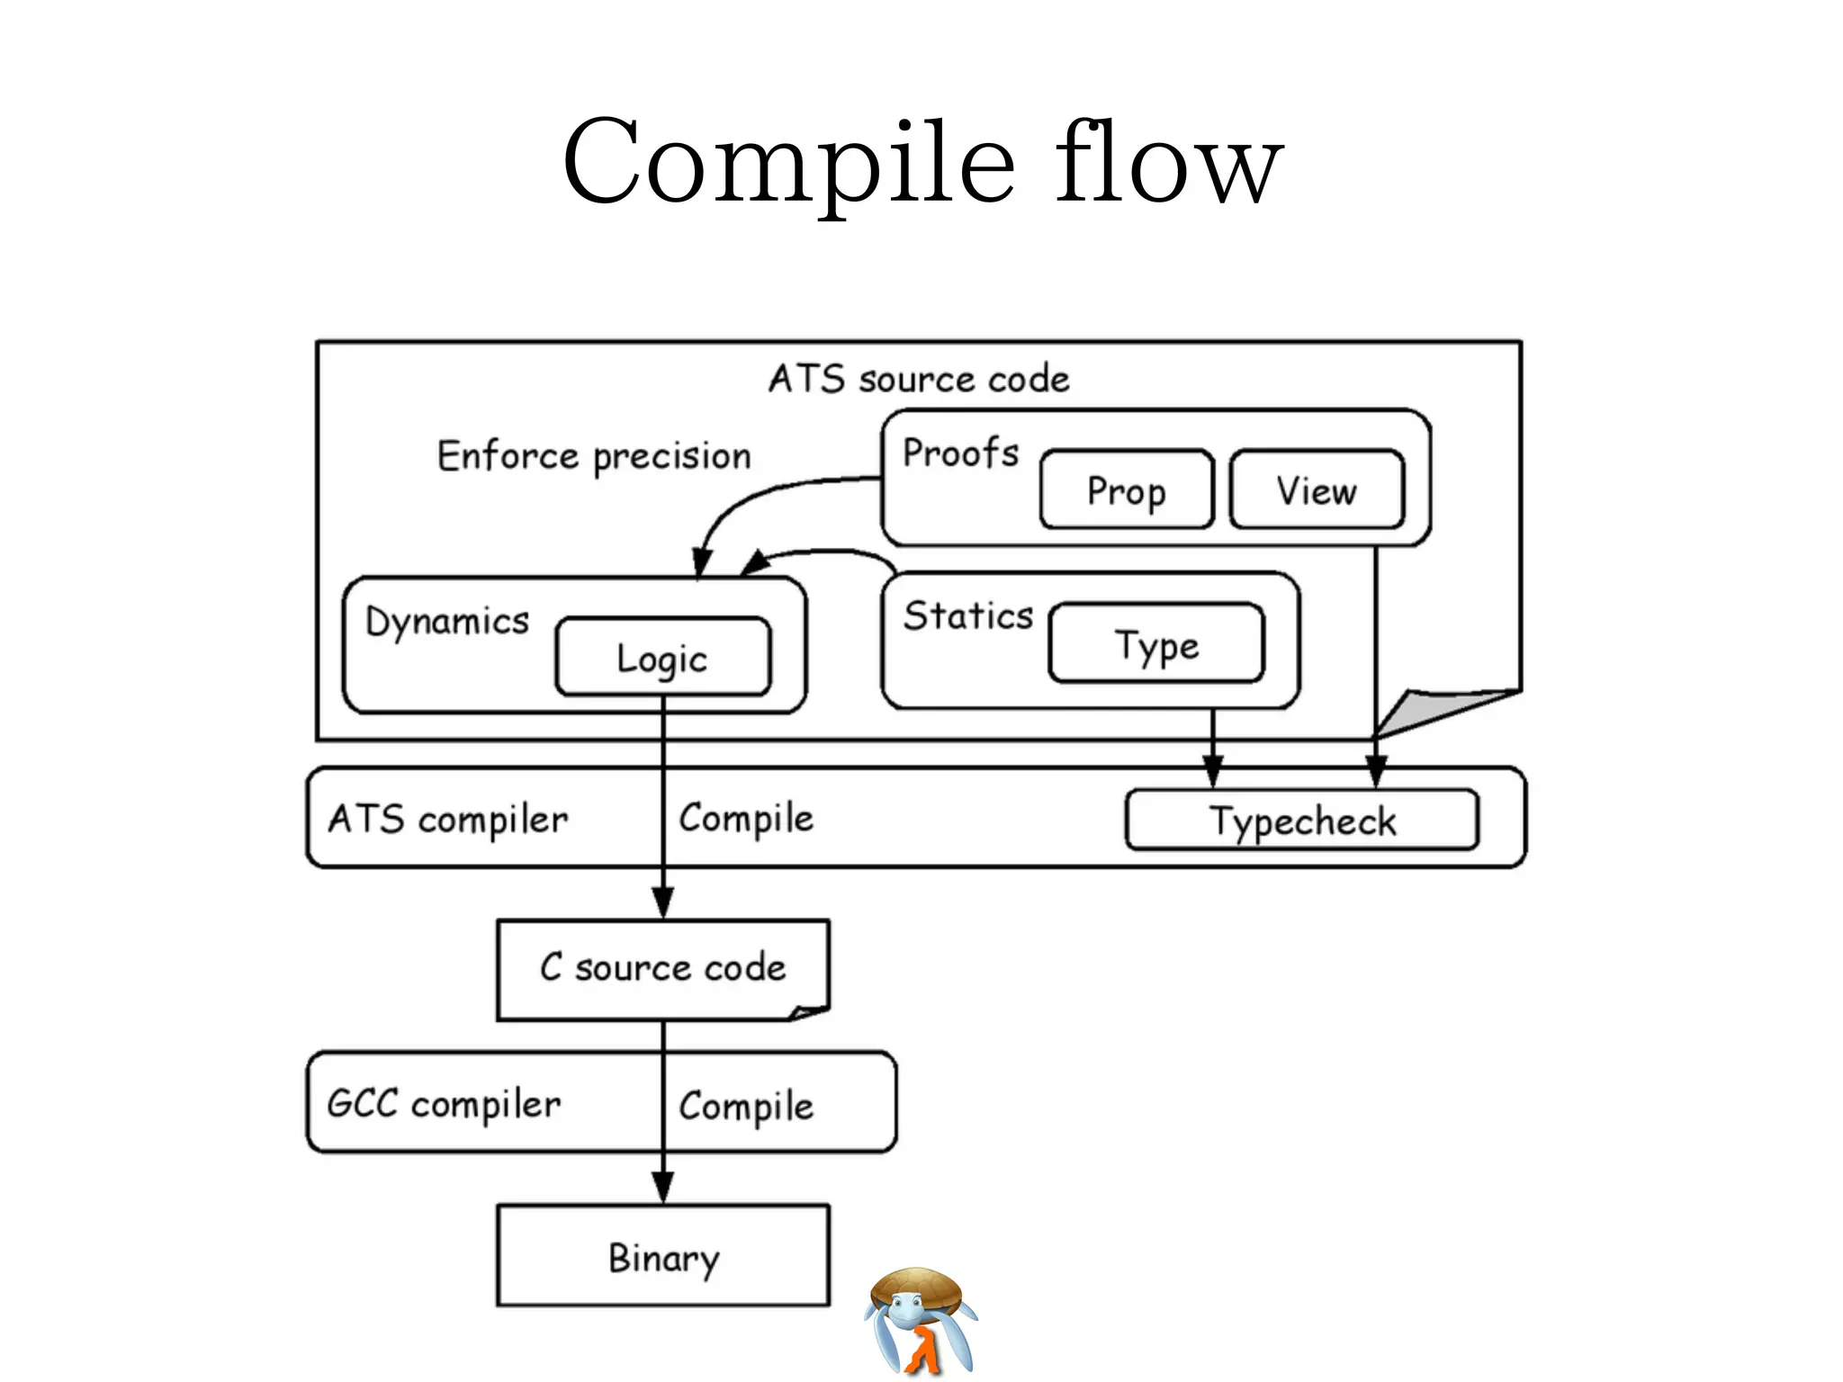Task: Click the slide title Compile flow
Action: tap(921, 162)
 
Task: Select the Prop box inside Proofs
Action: tap(1126, 490)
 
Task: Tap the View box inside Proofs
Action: tap(1316, 490)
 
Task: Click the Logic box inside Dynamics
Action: tap(662, 658)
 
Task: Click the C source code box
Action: tap(662, 968)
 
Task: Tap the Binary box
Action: tap(662, 1256)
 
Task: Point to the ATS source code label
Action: tap(919, 379)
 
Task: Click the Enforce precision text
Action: tap(594, 456)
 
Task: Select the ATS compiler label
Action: tap(448, 820)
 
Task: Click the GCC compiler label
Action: tap(444, 1104)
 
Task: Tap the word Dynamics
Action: tap(447, 622)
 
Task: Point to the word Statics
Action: tap(968, 616)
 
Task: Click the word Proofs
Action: tap(960, 453)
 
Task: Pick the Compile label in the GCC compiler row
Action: tap(746, 1106)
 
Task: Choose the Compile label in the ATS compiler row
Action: tap(746, 819)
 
